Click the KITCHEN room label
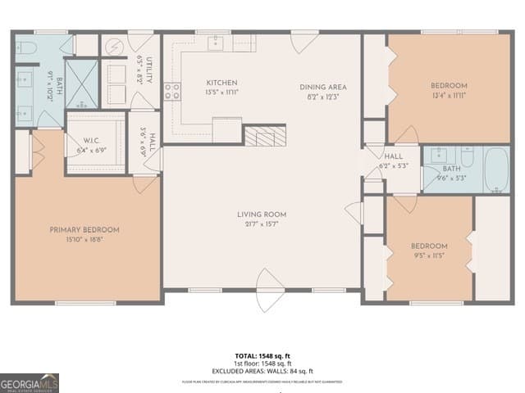coord(221,83)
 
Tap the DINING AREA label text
coord(322,87)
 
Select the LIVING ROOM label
coord(262,215)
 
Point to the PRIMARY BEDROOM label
coord(84,230)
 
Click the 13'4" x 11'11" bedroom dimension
coord(449,95)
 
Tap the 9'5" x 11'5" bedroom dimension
coord(429,255)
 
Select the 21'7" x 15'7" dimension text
coord(262,224)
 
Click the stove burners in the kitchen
coord(171,92)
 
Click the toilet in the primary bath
coord(24,47)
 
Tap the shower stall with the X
coord(81,84)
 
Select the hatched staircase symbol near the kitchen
coord(265,135)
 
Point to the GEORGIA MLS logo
coord(30,382)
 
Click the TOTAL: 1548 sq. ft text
coord(262,355)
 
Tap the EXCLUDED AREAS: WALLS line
coord(262,371)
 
